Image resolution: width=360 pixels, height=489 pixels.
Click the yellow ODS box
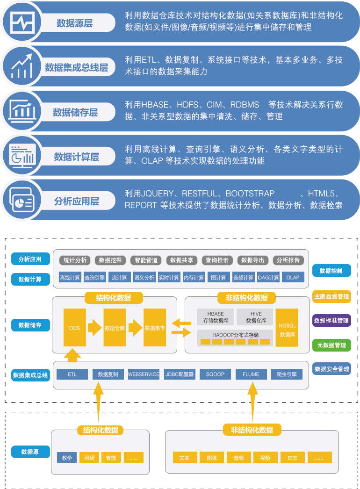(75, 328)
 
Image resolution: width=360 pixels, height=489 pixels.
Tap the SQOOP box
(215, 374)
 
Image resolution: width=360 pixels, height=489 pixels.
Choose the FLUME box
(251, 374)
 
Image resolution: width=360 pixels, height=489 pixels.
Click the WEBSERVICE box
(144, 374)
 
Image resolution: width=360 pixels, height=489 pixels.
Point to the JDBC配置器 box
(180, 374)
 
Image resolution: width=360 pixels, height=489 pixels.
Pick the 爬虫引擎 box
(287, 374)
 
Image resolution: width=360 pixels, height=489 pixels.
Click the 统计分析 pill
(75, 260)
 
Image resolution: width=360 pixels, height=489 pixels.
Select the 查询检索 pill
(217, 260)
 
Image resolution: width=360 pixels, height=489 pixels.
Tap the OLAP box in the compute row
(293, 277)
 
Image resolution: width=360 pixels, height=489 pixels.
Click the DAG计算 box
(268, 277)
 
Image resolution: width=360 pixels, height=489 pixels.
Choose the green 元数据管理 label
(331, 345)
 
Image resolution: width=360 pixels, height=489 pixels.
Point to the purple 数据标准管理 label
(331, 321)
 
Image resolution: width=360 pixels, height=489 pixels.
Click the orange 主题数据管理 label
(331, 296)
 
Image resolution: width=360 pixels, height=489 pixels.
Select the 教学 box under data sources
(67, 458)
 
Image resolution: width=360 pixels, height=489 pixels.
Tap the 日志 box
(292, 458)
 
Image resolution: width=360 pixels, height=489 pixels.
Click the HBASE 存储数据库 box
(215, 317)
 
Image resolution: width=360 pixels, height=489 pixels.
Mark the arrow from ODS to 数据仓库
(95, 328)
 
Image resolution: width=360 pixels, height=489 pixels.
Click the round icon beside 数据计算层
(22, 156)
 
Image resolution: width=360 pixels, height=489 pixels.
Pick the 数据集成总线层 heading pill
(77, 68)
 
